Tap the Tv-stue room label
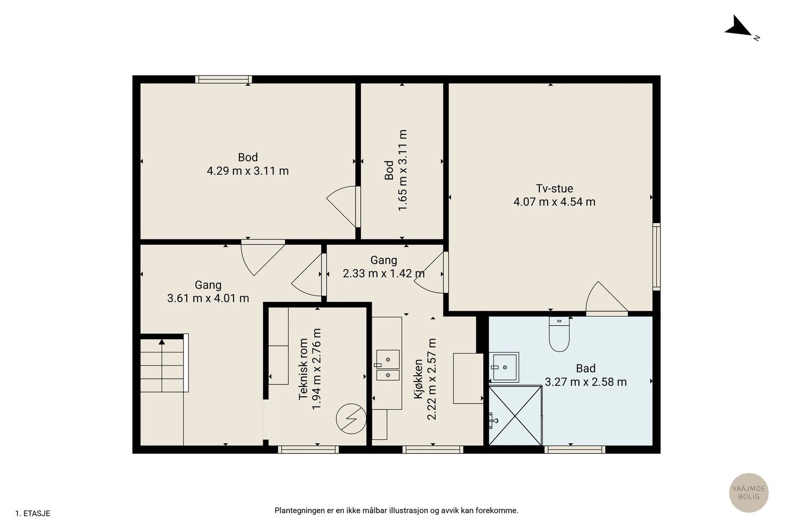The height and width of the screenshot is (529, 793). (x=555, y=188)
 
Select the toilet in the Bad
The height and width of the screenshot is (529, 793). (x=560, y=334)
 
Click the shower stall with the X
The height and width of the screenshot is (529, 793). (x=515, y=415)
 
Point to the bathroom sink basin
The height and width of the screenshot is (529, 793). (x=504, y=367)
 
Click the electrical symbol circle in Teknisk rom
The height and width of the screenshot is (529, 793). (x=351, y=419)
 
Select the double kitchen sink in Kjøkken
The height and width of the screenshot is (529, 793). (x=388, y=365)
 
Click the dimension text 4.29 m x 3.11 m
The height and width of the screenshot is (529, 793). (x=248, y=171)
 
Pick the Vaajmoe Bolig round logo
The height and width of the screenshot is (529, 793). (x=749, y=492)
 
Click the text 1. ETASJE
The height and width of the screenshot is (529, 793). (x=33, y=514)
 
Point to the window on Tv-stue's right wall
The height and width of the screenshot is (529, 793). (x=656, y=257)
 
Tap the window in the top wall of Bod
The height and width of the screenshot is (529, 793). (x=224, y=79)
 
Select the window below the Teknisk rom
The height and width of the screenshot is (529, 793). (x=308, y=449)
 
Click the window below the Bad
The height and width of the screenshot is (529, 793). (x=574, y=449)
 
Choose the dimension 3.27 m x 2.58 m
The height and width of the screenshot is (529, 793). (x=585, y=382)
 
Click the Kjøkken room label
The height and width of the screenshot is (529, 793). (x=419, y=379)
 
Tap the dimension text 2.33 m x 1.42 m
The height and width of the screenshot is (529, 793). (x=384, y=273)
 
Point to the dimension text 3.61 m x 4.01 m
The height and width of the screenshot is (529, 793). (x=208, y=298)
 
